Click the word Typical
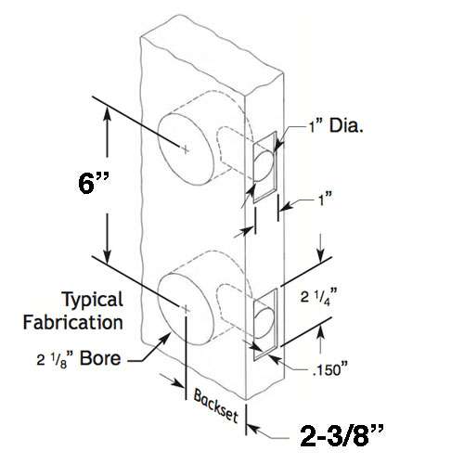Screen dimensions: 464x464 [93, 300]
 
